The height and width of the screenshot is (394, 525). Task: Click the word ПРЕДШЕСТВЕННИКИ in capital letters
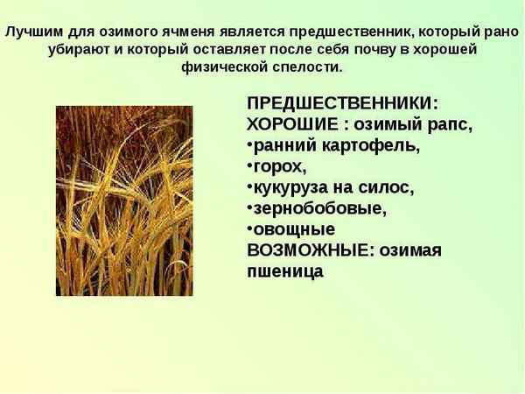[x=347, y=103]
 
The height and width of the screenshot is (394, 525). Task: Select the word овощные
[x=293, y=229]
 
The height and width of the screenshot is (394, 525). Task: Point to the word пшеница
[x=285, y=271]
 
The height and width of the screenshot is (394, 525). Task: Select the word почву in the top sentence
[x=372, y=48]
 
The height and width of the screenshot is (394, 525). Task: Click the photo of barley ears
[x=124, y=201]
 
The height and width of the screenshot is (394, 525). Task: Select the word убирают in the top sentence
[x=78, y=48]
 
